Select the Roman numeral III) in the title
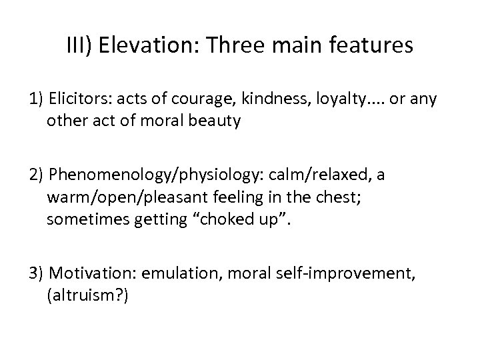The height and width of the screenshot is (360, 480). point(80,46)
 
